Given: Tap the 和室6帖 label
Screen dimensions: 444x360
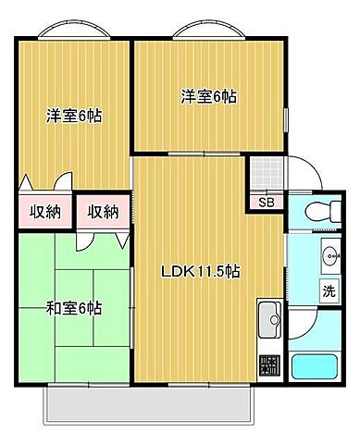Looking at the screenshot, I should pyautogui.click(x=73, y=307).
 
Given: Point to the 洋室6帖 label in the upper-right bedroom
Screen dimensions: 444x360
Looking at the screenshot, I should pyautogui.click(x=207, y=95).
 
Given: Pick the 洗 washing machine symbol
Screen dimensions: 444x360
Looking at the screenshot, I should pyautogui.click(x=328, y=289).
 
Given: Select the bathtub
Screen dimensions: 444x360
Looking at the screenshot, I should pyautogui.click(x=317, y=367).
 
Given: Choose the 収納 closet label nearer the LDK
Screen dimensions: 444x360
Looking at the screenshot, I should pyautogui.click(x=104, y=212).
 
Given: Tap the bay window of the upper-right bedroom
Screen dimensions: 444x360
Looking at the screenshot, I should pyautogui.click(x=211, y=30).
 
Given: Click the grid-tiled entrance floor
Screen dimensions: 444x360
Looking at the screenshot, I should pyautogui.click(x=267, y=172).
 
